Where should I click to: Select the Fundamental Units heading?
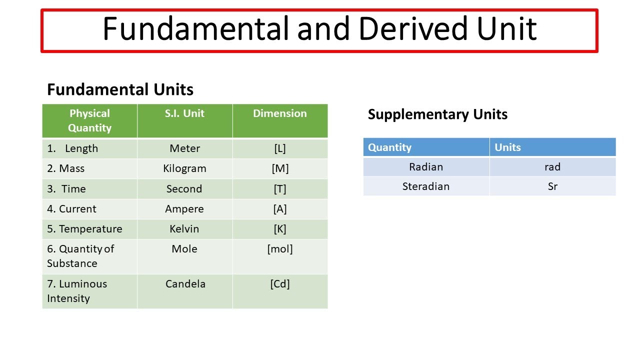point(120,89)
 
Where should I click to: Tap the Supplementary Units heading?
point(437,114)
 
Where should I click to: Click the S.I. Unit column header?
point(184,113)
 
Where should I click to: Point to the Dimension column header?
point(280,113)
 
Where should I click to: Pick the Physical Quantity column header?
point(89,120)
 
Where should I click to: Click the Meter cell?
point(184,148)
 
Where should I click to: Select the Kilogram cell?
point(184,168)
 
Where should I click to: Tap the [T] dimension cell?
point(280,189)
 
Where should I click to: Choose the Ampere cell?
point(184,209)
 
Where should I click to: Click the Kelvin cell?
point(184,229)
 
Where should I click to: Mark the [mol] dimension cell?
point(280,249)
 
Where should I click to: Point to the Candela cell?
point(185,284)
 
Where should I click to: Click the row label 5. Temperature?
point(84,229)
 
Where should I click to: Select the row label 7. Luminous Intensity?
point(77,291)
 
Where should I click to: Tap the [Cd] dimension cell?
point(280,284)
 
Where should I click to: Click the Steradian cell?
point(426,186)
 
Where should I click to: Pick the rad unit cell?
point(552,167)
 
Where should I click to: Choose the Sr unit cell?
point(552,186)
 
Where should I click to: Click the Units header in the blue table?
point(507,147)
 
